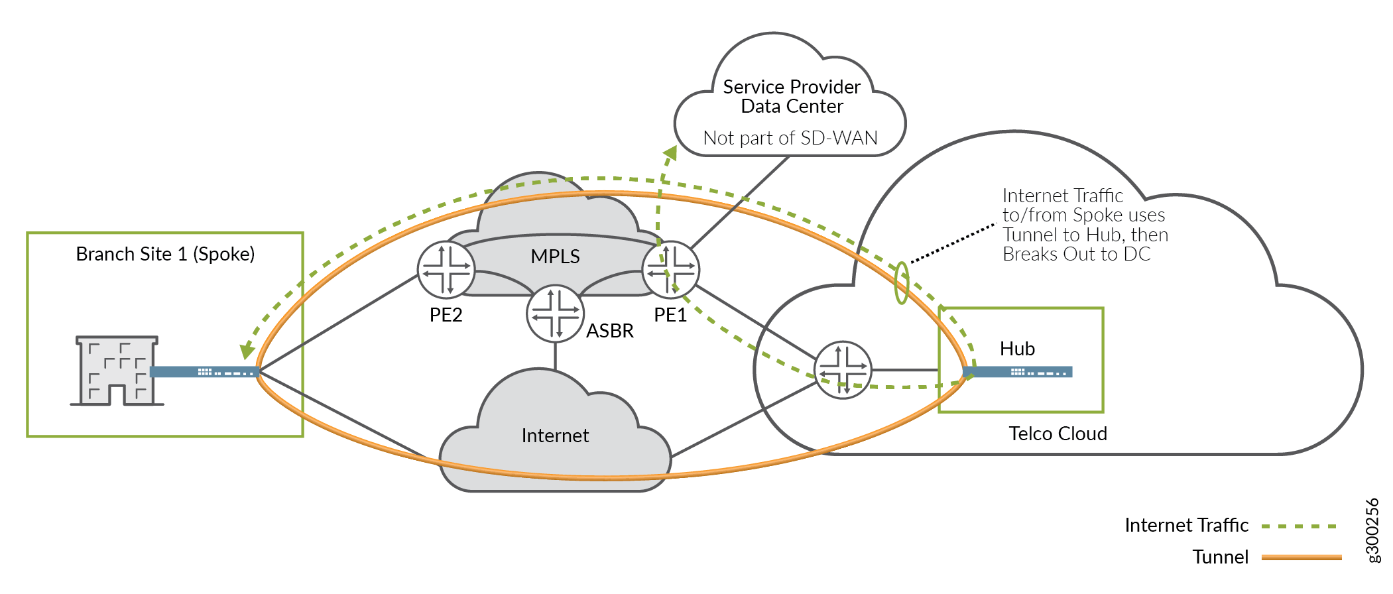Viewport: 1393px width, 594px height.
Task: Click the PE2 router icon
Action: coord(446,270)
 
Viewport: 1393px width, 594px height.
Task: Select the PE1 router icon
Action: coord(671,270)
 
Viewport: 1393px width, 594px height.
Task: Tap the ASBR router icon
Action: coord(555,314)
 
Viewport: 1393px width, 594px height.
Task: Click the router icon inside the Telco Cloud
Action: coord(843,370)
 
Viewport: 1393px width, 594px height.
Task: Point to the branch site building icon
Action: coord(117,371)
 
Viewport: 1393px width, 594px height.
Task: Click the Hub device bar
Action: coord(1018,372)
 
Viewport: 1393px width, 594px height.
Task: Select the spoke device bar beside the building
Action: coord(204,372)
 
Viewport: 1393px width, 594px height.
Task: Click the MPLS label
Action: coord(555,257)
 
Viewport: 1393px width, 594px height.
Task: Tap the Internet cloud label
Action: coord(555,436)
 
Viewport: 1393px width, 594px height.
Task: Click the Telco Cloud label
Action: coord(1058,434)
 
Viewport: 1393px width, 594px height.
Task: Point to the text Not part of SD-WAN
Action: coord(790,138)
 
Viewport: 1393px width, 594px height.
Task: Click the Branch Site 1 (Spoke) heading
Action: coord(165,254)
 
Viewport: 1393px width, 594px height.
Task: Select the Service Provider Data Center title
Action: coord(792,97)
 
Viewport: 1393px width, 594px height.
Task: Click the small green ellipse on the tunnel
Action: coord(901,283)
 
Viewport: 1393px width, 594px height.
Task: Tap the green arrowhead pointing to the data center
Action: coord(670,154)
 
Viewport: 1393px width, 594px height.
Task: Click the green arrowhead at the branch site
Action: coord(247,350)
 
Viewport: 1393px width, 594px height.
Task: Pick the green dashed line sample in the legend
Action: coord(1299,526)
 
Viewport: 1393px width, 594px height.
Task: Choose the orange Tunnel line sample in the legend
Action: coord(1301,558)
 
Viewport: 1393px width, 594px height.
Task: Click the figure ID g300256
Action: coord(1373,530)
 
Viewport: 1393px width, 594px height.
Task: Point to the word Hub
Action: coord(1017,349)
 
